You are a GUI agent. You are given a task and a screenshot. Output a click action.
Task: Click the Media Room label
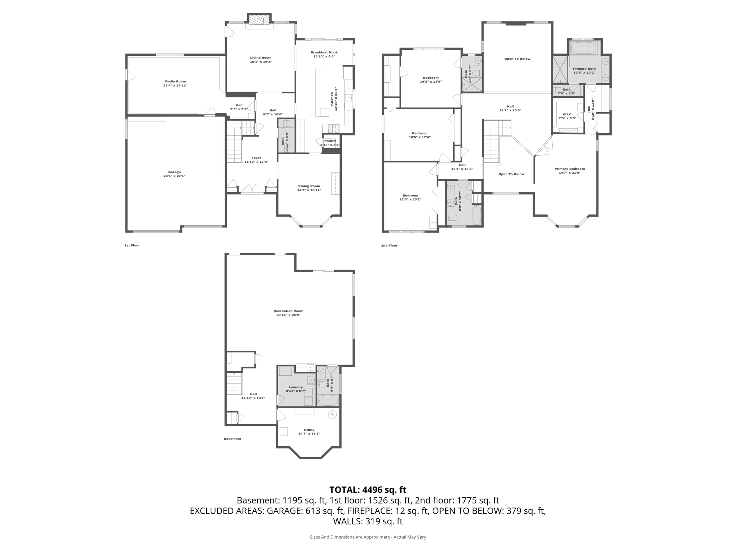click(175, 81)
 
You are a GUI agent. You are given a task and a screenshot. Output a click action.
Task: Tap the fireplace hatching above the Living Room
click(259, 20)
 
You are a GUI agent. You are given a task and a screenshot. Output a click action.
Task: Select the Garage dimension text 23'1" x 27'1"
click(175, 176)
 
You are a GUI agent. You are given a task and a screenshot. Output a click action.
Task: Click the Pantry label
click(330, 141)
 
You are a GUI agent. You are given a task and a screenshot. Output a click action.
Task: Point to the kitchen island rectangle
click(322, 92)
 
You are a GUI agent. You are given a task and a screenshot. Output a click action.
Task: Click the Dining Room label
click(309, 186)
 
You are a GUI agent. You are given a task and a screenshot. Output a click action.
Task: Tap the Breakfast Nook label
click(324, 52)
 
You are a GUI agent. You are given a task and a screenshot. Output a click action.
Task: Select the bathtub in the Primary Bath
click(584, 48)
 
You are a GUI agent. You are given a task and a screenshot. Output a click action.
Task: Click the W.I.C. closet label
click(567, 114)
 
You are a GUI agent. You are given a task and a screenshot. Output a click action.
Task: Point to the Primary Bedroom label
click(570, 169)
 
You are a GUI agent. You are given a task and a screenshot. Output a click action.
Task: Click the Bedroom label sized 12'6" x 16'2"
click(410, 195)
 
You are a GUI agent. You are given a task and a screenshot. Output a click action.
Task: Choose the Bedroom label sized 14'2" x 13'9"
click(431, 78)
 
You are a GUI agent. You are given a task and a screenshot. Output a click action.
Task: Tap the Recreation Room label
click(288, 311)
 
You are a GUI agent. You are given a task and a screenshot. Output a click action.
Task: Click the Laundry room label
click(296, 387)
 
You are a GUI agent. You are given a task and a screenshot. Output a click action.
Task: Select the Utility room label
click(309, 430)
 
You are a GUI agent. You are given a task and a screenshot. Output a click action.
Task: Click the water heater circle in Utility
click(332, 415)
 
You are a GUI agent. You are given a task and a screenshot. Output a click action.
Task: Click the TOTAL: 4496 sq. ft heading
click(368, 490)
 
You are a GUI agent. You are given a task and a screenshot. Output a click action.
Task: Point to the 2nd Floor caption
click(389, 245)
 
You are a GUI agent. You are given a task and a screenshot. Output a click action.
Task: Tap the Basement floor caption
click(233, 439)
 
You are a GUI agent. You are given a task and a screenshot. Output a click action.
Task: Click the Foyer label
click(256, 158)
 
